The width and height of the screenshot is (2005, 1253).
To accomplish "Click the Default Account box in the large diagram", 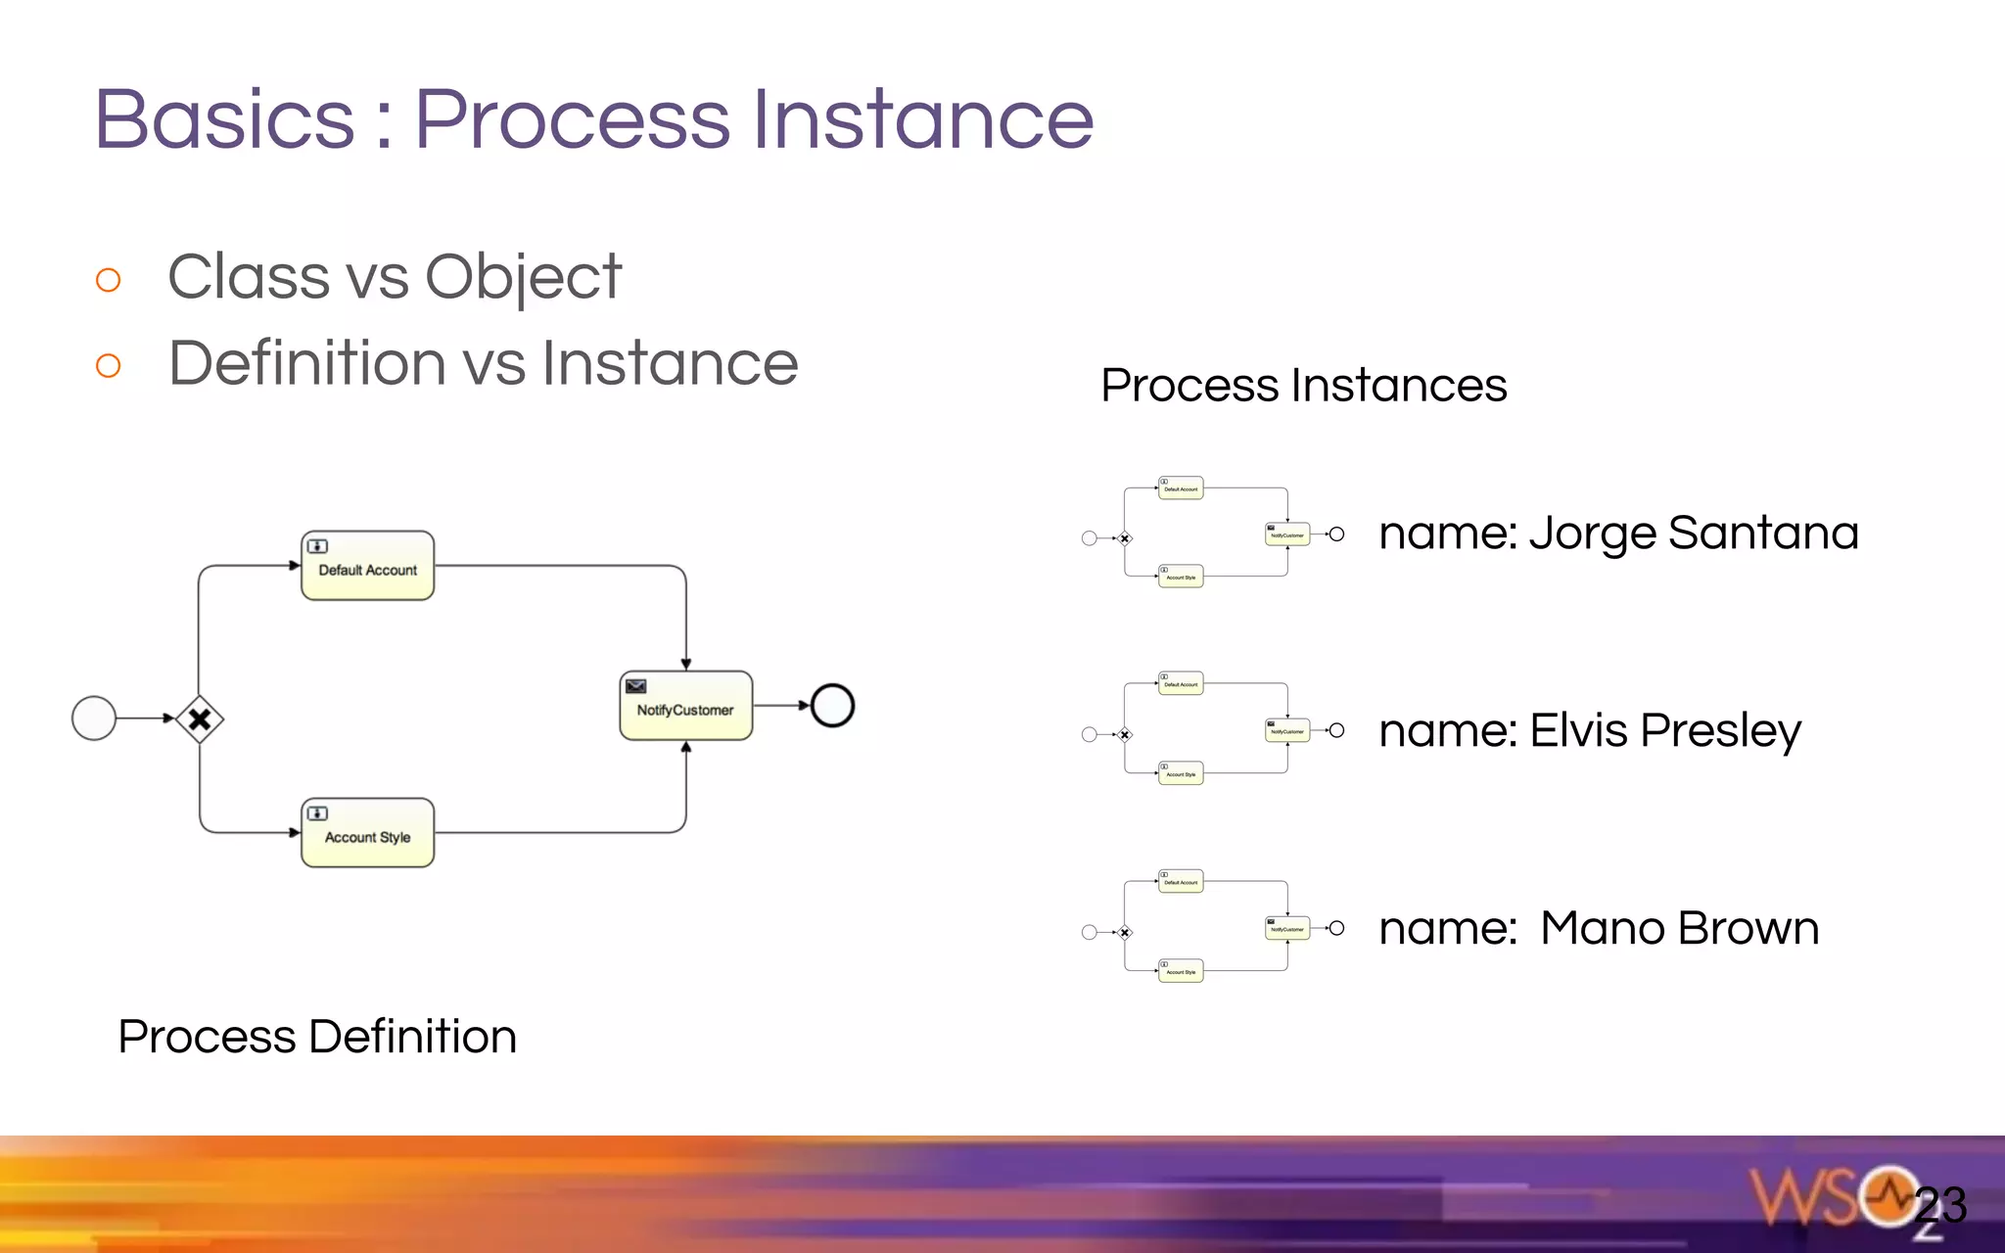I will pos(367,566).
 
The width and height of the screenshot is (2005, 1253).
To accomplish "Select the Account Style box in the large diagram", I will pos(367,833).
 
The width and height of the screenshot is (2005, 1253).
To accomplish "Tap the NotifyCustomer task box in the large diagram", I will pos(685,706).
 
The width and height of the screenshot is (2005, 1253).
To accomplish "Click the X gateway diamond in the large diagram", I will pos(200,719).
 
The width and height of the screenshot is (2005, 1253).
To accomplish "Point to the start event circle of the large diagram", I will pos(94,719).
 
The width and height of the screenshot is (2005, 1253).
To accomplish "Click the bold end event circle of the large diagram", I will pos(832,705).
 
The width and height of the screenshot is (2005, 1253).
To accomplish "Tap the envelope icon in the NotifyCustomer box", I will pos(636,685).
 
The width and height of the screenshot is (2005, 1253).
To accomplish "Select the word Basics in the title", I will pos(224,119).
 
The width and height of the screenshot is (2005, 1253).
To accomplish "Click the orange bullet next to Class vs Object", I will pos(109,280).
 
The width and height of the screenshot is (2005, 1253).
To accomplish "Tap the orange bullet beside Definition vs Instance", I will pos(109,366).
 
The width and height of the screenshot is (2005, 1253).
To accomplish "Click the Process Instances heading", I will pos(1303,385).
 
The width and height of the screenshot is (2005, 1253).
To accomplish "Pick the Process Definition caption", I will pos(317,1036).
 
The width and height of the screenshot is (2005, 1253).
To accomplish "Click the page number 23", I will pos(1940,1205).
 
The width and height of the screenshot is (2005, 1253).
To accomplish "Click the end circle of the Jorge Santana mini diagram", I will pos(1336,534).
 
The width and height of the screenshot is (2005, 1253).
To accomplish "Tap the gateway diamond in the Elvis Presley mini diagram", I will pos(1125,734).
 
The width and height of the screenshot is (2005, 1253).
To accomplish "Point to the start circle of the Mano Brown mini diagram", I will pos(1089,932).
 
